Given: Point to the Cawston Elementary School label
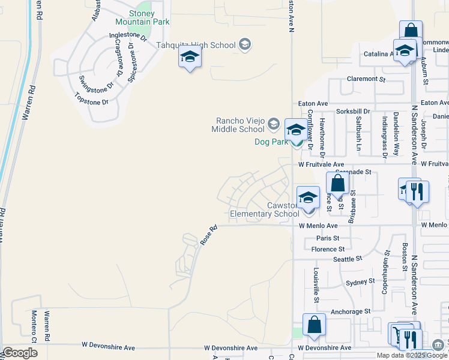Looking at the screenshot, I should pyautogui.click(x=265, y=209).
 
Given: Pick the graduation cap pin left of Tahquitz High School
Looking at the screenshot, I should pyautogui.click(x=190, y=57).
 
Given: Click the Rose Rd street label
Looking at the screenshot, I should pyautogui.click(x=208, y=235).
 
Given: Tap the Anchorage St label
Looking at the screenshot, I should pyautogui.click(x=351, y=312).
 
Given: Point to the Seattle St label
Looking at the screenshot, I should pyautogui.click(x=348, y=259).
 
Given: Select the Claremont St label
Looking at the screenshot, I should pyautogui.click(x=366, y=79).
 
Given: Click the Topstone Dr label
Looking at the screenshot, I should pyautogui.click(x=91, y=100).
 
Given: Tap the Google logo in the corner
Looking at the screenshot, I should pyautogui.click(x=20, y=353).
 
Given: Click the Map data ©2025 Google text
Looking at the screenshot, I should pyautogui.click(x=412, y=355).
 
